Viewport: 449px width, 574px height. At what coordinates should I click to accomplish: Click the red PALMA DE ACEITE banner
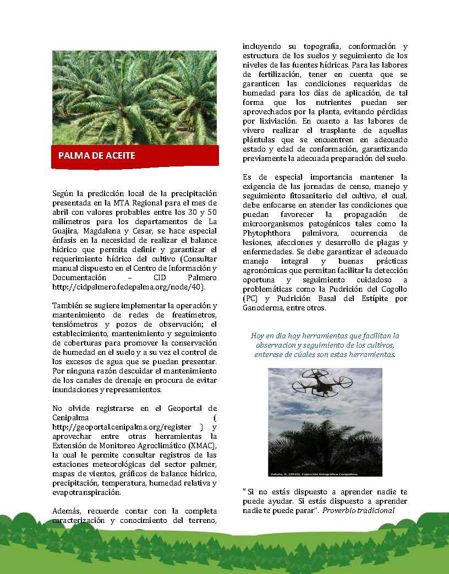[x=135, y=155]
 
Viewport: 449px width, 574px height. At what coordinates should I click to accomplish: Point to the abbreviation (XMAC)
[x=200, y=445]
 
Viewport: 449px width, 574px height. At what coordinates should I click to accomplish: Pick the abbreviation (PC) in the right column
[x=250, y=298]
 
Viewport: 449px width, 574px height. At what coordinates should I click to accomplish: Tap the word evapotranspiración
[x=89, y=492]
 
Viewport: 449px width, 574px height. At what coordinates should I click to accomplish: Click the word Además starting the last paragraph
[x=67, y=511]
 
